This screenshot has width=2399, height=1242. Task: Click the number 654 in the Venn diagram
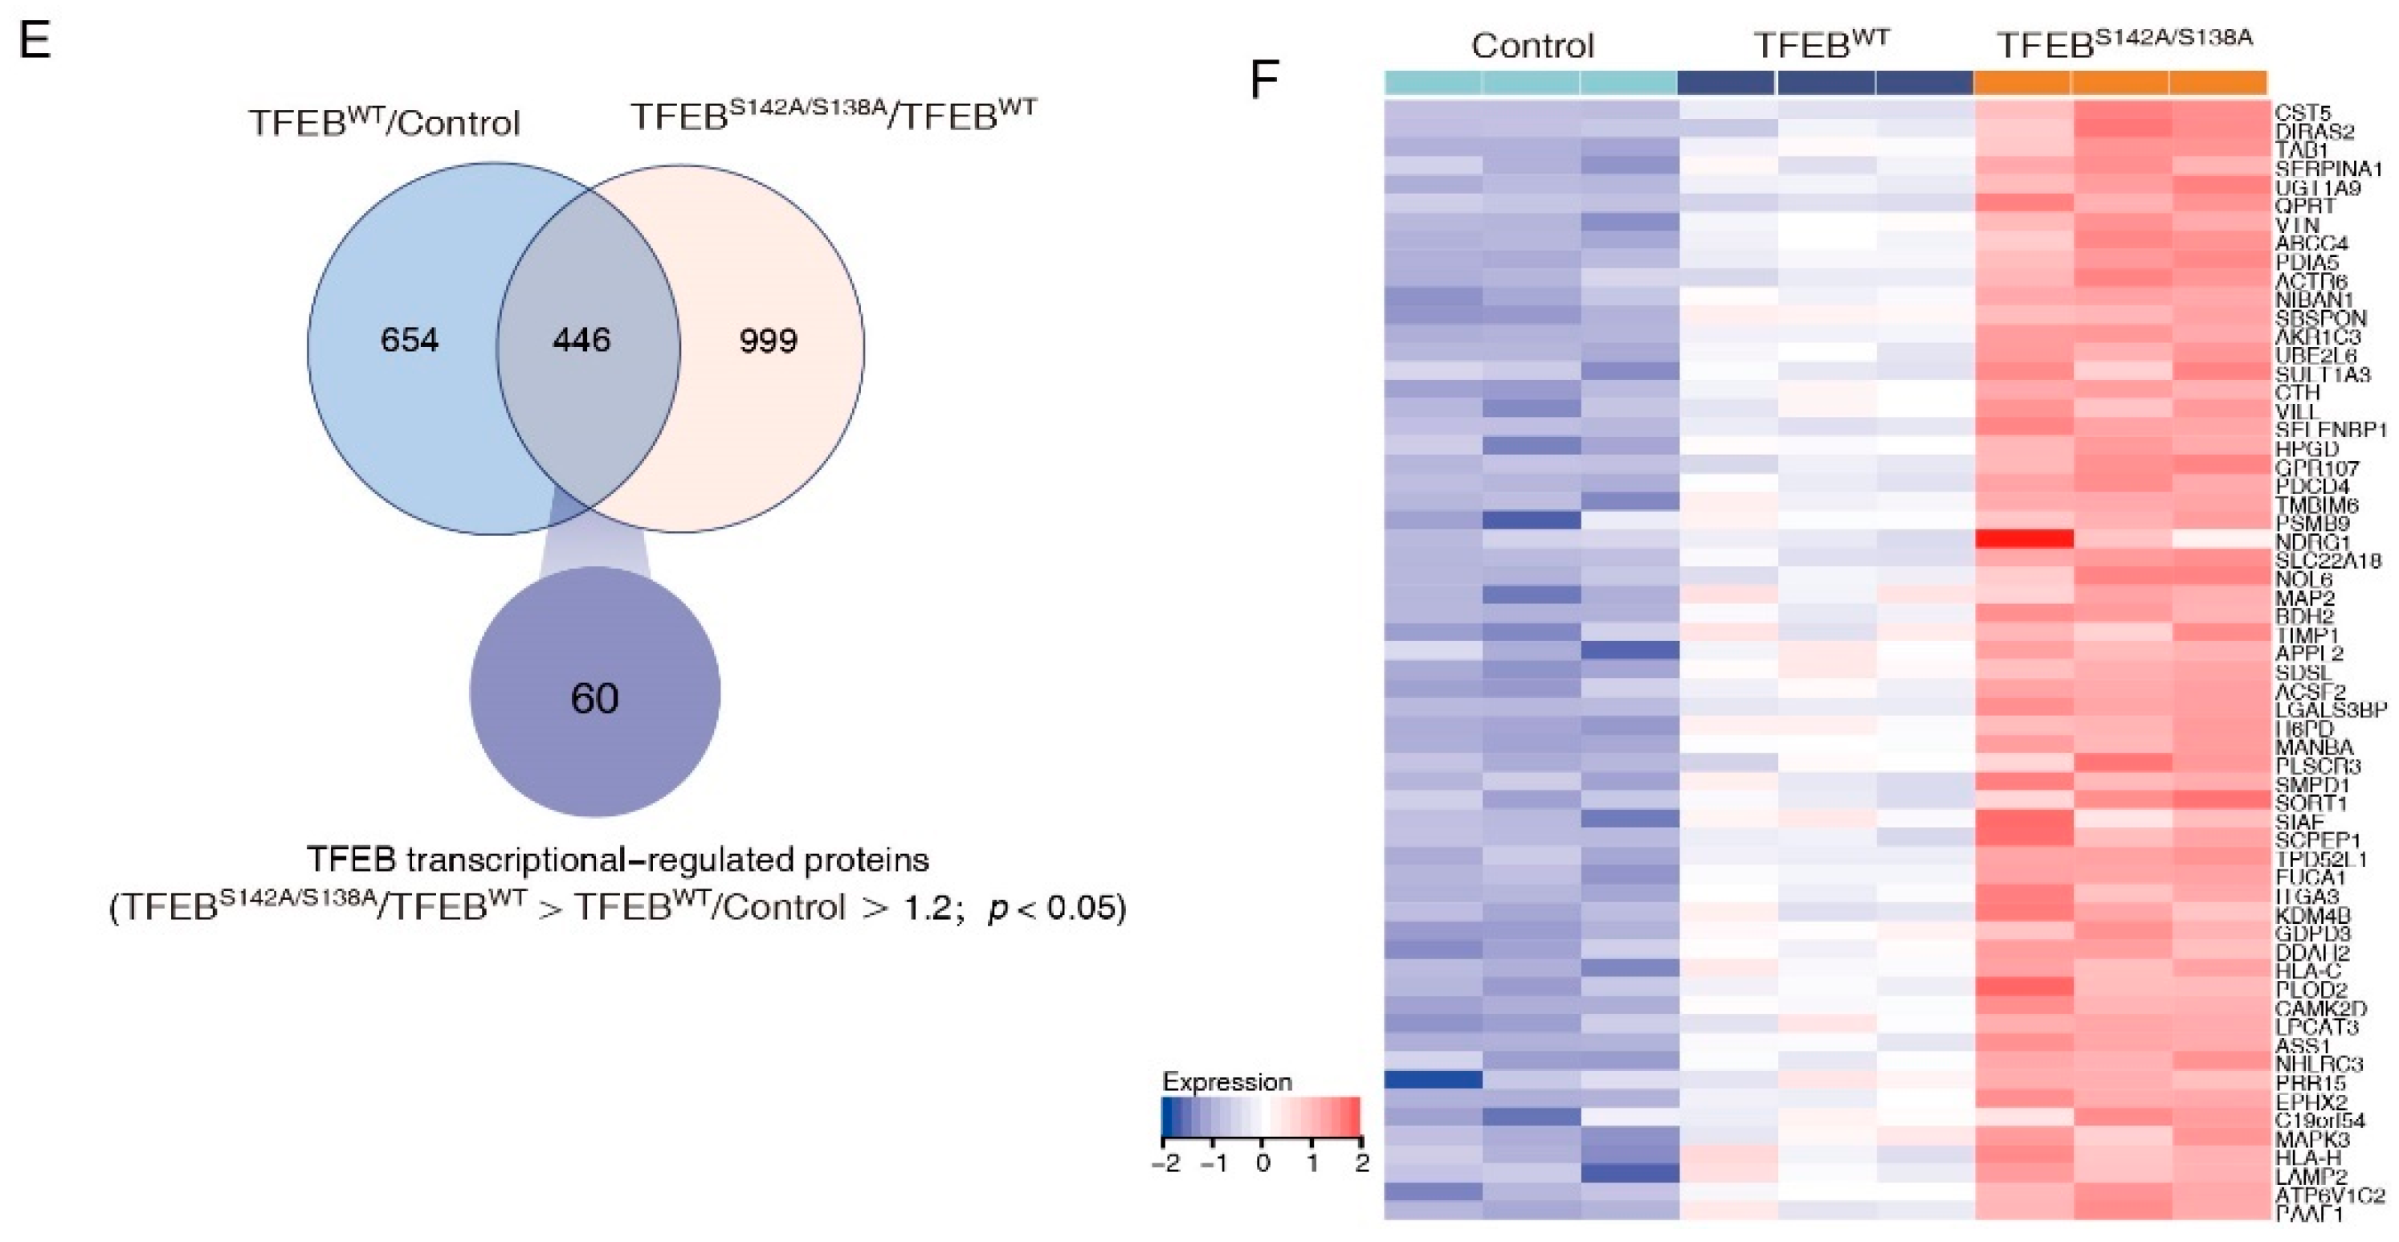(x=409, y=340)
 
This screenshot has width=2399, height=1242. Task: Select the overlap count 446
(x=581, y=340)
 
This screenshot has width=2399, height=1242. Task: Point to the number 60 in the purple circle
(x=594, y=698)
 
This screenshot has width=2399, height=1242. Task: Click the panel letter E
(x=35, y=42)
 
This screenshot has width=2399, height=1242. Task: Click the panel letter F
(x=1264, y=81)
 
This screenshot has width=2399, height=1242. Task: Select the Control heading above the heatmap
(x=1532, y=46)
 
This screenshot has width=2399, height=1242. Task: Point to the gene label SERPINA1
(x=2328, y=169)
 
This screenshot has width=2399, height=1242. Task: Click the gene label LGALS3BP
(x=2331, y=710)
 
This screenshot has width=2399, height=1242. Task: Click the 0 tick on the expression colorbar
(x=1262, y=1164)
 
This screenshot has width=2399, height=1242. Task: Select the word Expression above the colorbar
(x=1226, y=1082)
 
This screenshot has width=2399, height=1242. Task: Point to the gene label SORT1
(x=2311, y=803)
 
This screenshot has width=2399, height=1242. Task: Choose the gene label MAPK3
(x=2312, y=1138)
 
